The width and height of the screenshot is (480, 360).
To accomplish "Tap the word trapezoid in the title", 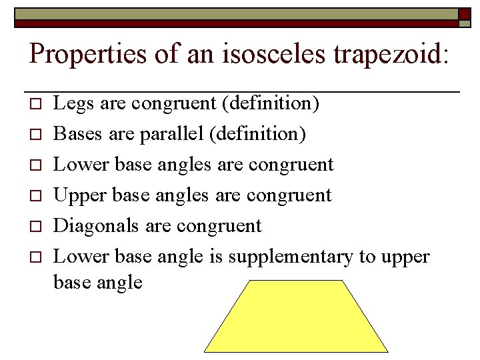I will point(386,53).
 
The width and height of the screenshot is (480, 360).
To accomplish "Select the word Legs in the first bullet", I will point(70,103).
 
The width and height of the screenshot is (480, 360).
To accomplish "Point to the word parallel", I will point(171,134).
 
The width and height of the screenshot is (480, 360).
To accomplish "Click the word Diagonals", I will point(97,226).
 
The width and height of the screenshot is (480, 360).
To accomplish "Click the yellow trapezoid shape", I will point(296,317).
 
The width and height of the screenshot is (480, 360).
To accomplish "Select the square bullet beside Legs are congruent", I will point(37,104).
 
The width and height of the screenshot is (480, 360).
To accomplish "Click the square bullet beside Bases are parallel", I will point(37,135).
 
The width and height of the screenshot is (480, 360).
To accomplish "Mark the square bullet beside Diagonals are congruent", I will point(37,227).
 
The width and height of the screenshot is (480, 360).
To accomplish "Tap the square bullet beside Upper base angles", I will point(37,196).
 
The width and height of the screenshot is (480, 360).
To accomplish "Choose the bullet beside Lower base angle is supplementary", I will point(37,257).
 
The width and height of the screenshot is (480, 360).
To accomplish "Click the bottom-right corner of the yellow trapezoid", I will point(387,351).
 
